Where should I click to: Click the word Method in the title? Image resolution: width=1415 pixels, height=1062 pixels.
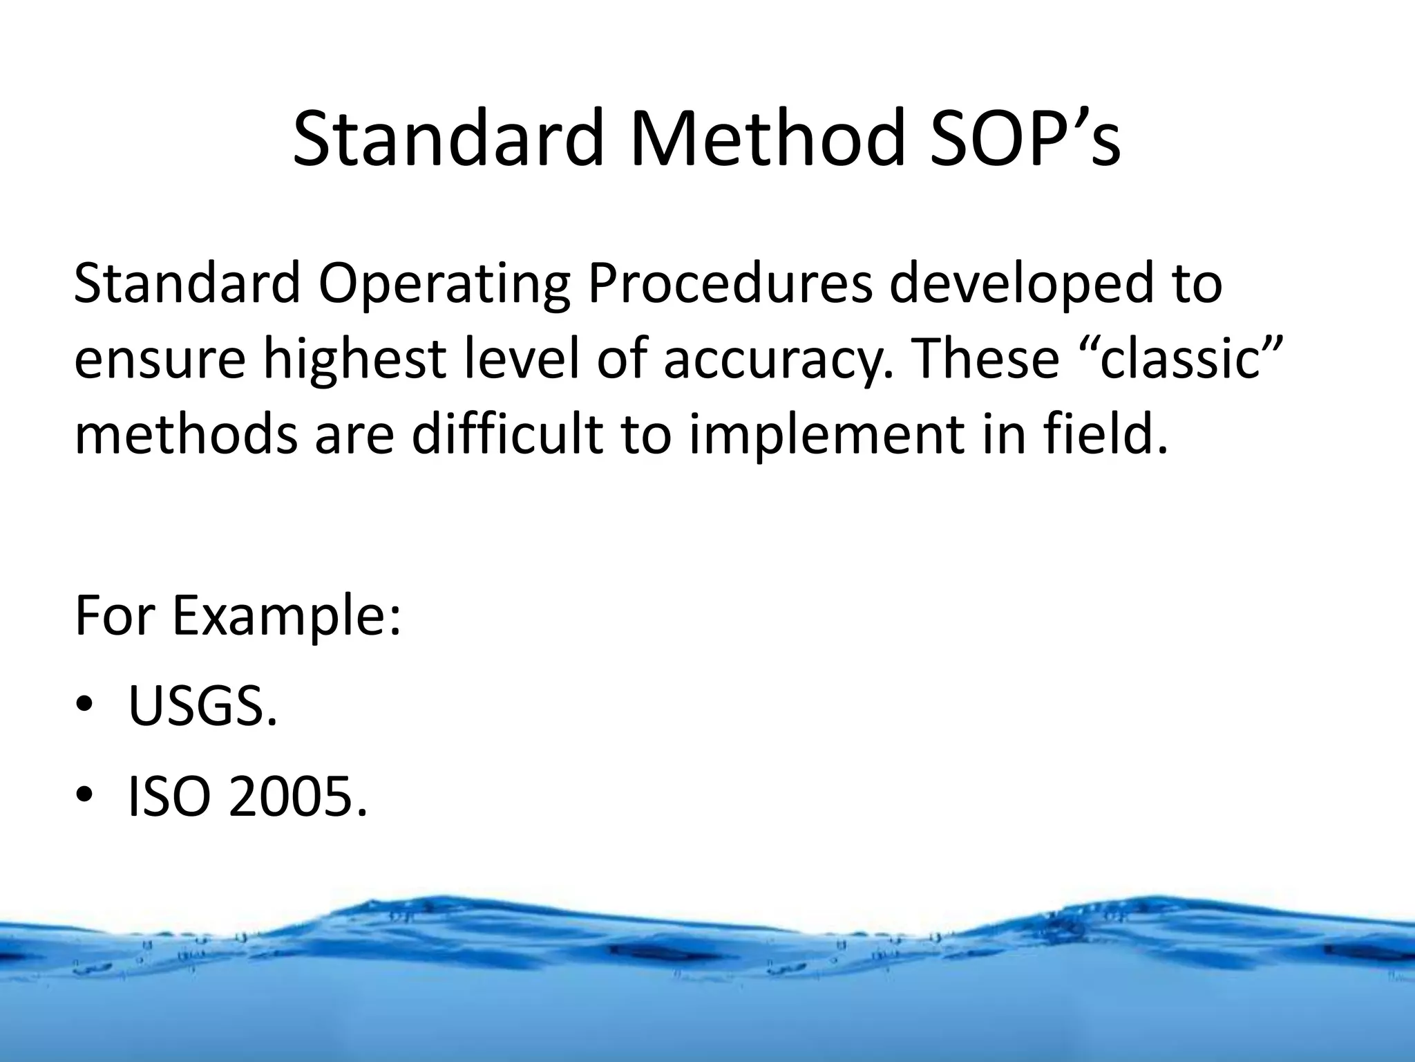click(x=768, y=140)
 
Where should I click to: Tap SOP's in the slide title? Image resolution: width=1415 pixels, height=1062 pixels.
click(x=1025, y=140)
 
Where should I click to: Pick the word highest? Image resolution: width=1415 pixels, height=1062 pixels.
click(x=354, y=361)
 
